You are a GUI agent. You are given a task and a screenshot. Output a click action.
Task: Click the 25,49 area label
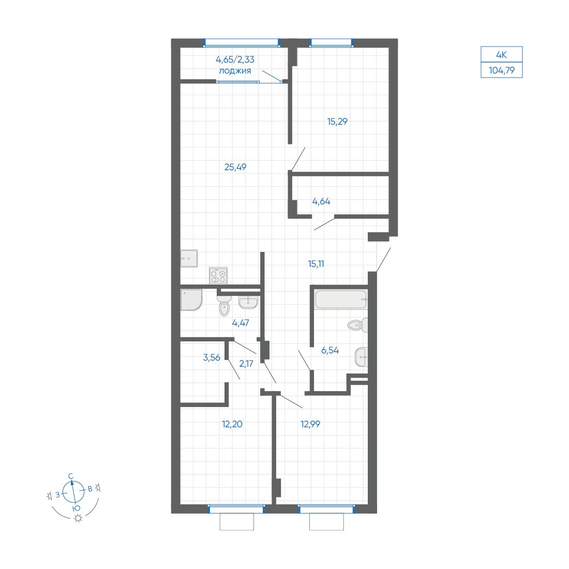pos(235,167)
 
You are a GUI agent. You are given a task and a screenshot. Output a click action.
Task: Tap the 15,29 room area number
pos(337,122)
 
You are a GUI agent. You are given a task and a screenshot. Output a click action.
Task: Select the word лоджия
pos(235,71)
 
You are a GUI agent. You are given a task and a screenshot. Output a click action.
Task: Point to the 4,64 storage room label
pos(321,201)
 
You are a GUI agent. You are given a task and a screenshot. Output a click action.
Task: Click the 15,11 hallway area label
pos(316,264)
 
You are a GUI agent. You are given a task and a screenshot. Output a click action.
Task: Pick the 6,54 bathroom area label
pos(330,350)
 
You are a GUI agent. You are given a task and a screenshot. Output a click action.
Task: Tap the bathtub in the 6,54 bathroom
pos(341,300)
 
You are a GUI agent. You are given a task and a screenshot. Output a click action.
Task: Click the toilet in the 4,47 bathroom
pos(224,305)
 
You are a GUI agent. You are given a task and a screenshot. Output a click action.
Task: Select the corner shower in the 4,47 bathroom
pos(191,300)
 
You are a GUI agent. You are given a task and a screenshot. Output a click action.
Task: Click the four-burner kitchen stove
pos(218,275)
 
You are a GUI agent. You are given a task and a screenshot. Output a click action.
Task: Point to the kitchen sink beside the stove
pos(189,258)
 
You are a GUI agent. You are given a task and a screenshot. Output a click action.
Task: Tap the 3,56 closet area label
pos(212,357)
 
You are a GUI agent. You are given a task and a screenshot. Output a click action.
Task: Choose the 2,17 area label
pos(246,363)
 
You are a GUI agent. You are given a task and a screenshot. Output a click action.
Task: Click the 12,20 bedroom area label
pos(232,424)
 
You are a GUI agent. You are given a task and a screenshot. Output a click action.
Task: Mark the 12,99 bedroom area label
pos(310,424)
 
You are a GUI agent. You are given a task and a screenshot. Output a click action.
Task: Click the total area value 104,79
pos(502,70)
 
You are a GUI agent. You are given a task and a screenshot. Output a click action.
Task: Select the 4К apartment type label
pos(502,55)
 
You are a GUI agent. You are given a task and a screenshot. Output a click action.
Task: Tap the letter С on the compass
pos(71,476)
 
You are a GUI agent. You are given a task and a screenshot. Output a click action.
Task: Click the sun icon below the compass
pos(78,518)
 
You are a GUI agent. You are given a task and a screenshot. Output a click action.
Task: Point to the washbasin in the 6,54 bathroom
pos(361,357)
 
